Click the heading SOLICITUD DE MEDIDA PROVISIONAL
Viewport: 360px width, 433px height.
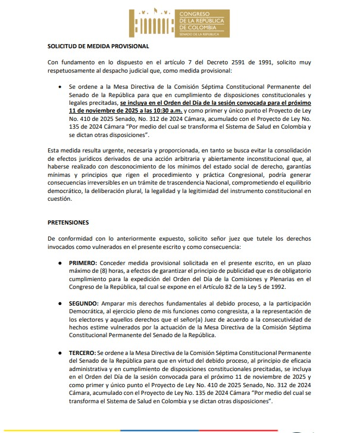[98, 46]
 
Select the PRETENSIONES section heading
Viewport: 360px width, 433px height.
[68, 222]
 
